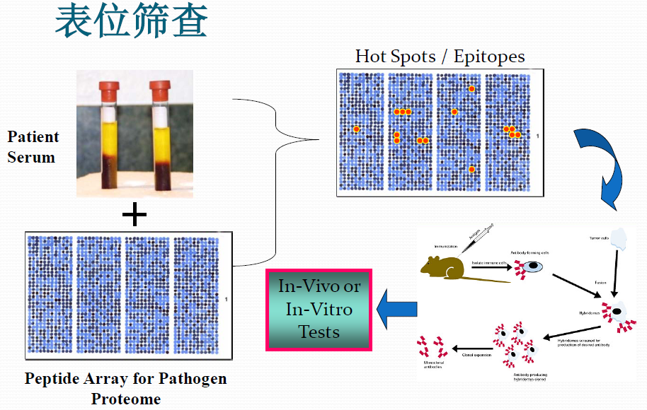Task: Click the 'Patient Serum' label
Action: click(33, 147)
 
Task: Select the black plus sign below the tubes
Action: click(134, 215)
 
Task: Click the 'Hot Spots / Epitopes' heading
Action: click(440, 57)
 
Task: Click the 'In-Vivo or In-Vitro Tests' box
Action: click(319, 309)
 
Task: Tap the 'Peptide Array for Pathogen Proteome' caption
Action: click(126, 388)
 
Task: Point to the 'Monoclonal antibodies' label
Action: click(433, 365)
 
